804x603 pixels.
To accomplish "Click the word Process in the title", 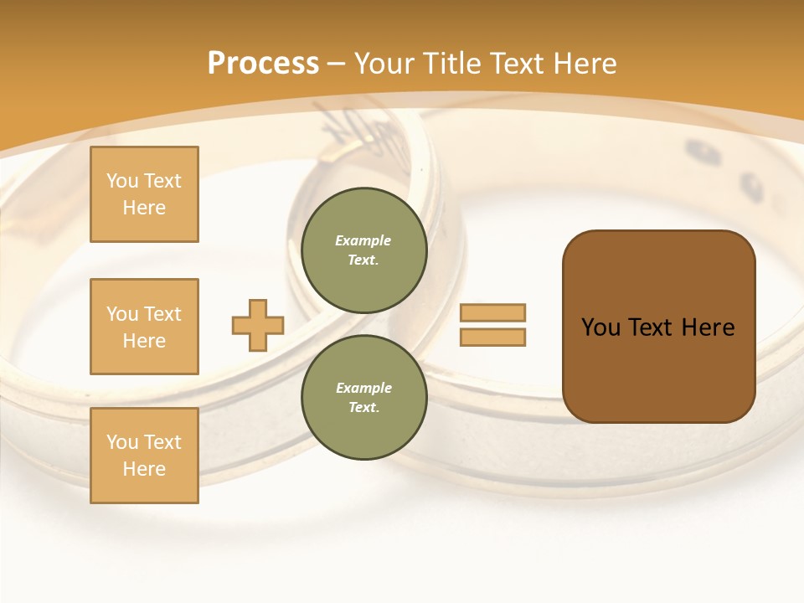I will click(263, 64).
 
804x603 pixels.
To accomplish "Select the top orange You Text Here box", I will click(144, 194).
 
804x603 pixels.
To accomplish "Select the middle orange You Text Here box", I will click(144, 327).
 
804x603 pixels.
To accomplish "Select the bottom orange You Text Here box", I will click(144, 456).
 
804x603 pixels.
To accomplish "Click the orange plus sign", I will click(258, 325).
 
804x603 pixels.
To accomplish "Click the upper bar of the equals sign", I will click(492, 313).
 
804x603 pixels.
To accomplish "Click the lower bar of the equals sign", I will click(492, 338).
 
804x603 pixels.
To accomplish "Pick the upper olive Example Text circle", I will click(364, 250).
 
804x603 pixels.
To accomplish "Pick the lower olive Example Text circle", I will click(364, 397).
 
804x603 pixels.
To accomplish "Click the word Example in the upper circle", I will click(363, 240).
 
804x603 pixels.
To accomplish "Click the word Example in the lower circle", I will click(363, 388).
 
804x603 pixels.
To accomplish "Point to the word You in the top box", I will click(121, 181).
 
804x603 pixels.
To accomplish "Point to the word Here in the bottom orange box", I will click(144, 469).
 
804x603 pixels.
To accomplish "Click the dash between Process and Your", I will click(337, 64).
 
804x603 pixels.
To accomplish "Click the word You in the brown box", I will click(600, 327).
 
